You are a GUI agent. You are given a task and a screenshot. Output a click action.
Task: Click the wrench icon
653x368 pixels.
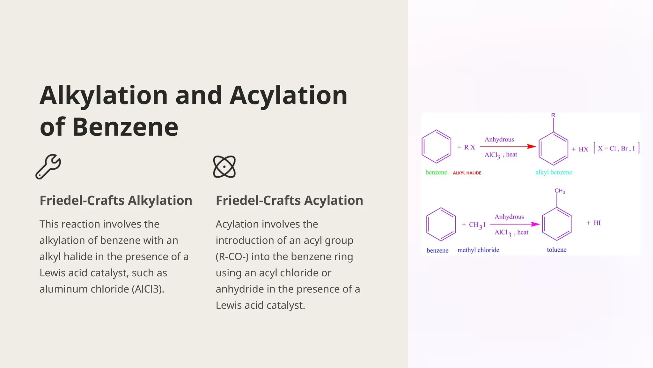coord(48,166)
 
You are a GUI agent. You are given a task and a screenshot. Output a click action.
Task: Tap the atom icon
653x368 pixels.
coord(224,167)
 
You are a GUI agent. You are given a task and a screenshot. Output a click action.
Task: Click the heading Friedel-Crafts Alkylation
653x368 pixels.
coord(116,201)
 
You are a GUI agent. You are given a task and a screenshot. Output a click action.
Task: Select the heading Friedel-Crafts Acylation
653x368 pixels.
coord(289,201)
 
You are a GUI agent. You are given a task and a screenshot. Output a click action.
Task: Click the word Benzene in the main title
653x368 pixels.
coord(125,127)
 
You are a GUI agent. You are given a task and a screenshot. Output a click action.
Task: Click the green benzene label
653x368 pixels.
coord(436,172)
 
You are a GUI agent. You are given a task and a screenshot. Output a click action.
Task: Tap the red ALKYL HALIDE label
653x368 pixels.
coord(467,173)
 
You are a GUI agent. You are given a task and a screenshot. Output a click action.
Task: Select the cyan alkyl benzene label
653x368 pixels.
coord(554,172)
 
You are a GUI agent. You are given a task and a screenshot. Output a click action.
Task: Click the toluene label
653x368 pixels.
coord(556,250)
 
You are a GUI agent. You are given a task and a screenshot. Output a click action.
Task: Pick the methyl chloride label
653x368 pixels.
coord(478,250)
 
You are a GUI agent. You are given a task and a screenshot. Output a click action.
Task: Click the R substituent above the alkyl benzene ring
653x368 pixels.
coord(553,115)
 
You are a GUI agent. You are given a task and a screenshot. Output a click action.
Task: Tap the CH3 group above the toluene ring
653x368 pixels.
coord(560,191)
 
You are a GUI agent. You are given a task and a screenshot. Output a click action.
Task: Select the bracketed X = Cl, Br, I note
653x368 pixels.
coord(616,149)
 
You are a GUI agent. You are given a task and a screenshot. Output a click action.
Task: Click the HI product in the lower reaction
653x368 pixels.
coord(597,223)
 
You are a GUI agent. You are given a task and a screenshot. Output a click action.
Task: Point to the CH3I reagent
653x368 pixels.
coord(477,225)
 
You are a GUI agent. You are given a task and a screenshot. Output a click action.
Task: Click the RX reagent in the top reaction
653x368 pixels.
coord(469,147)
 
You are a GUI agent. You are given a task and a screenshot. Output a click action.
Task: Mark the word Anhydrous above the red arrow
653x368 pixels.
coord(499,140)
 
